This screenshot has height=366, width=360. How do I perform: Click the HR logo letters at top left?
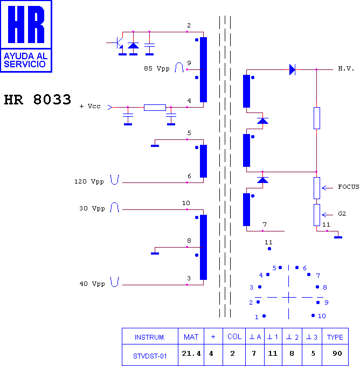[x=26, y=25]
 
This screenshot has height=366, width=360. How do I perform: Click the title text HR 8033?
[x=37, y=100]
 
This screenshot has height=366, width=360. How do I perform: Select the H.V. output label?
[x=346, y=69]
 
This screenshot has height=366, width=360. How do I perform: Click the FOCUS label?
[x=348, y=187]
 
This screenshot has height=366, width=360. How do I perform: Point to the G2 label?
[x=342, y=214]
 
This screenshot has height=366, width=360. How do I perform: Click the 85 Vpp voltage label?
[x=157, y=69]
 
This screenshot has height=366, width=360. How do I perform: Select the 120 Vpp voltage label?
[x=89, y=181]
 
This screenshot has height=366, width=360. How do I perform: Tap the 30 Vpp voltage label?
[x=92, y=208]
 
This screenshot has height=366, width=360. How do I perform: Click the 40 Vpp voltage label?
[x=92, y=284]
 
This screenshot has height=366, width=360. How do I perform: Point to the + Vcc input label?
[x=90, y=106]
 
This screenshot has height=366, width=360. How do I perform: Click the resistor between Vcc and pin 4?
[x=155, y=108]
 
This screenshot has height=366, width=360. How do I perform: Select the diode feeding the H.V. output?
[x=292, y=69]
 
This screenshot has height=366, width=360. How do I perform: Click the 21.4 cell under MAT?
[x=191, y=354]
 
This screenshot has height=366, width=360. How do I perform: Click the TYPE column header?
[x=335, y=337]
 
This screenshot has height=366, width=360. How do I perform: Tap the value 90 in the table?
[x=337, y=354]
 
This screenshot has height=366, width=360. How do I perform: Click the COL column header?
[x=234, y=336]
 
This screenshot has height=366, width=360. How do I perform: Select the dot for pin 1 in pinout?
[x=264, y=316]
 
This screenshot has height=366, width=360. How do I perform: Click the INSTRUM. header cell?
[x=150, y=337]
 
